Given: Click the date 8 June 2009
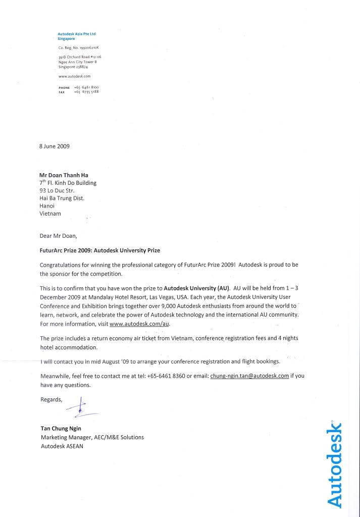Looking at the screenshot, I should [55, 146].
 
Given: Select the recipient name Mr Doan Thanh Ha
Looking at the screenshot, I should [64, 175].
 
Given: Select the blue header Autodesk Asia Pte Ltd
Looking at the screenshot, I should [77, 34].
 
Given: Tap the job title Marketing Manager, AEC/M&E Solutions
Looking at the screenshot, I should [92, 437].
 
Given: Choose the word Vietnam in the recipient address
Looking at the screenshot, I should [50, 214].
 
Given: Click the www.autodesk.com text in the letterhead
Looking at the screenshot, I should [74, 76].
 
